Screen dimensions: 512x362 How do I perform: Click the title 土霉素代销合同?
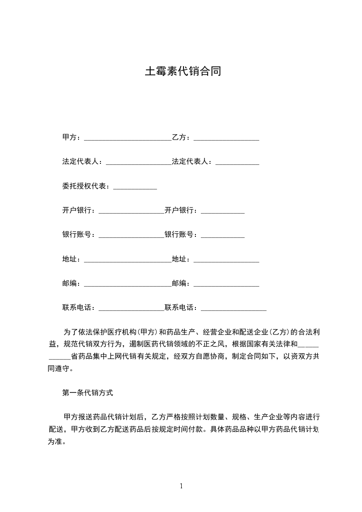click(x=183, y=72)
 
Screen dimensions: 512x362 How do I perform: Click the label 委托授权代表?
click(x=84, y=186)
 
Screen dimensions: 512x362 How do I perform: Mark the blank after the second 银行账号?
click(x=223, y=236)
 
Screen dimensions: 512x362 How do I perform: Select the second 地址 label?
click(x=179, y=259)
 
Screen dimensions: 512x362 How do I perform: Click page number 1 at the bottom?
click(x=181, y=486)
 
